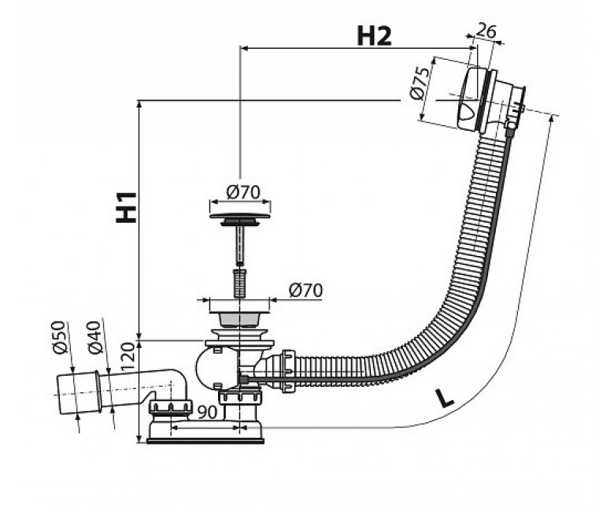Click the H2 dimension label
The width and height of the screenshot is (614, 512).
(374, 35)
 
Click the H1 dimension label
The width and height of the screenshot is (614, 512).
(126, 207)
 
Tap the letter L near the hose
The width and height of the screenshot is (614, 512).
(445, 396)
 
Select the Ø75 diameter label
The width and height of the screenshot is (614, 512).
(419, 83)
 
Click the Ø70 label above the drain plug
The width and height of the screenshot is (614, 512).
(242, 191)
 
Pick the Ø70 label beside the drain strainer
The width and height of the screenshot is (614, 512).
(306, 290)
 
